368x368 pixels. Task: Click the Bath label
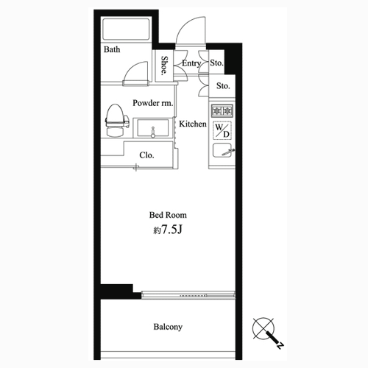(x=112, y=49)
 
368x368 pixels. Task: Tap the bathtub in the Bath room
(x=127, y=29)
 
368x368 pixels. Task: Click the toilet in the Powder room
(x=117, y=120)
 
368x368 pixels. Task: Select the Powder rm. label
(x=153, y=103)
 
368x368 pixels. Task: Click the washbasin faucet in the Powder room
(x=153, y=132)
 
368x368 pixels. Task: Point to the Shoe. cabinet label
(x=164, y=66)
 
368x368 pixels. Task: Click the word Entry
(x=191, y=63)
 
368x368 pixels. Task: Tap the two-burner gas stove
(x=222, y=110)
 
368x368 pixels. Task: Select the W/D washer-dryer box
(x=222, y=130)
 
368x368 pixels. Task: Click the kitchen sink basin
(x=222, y=150)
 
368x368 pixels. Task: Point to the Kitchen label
(x=193, y=124)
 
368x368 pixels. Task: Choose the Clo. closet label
(x=146, y=155)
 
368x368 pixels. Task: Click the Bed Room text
(x=168, y=215)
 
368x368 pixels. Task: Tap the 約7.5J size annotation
(x=168, y=230)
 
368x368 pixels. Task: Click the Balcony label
(x=168, y=327)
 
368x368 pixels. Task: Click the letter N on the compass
(x=280, y=345)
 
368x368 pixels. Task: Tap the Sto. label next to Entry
(x=216, y=63)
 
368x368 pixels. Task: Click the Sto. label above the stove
(x=223, y=85)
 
